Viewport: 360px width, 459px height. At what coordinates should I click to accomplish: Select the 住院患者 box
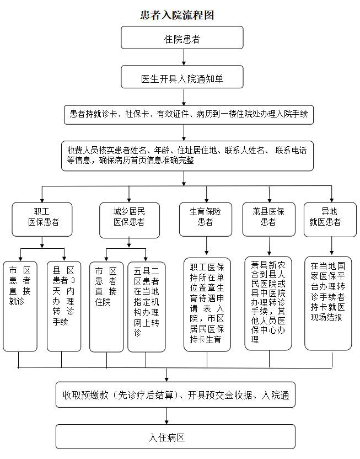tap(182, 39)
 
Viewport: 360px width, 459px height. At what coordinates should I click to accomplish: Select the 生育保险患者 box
tap(206, 216)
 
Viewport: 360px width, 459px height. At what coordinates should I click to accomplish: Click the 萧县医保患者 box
tap(268, 216)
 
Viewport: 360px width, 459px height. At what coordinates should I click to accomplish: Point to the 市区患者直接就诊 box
tap(20, 306)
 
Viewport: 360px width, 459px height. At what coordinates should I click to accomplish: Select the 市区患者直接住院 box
tap(106, 306)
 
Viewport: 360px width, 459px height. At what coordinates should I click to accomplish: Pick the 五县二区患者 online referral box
tap(146, 306)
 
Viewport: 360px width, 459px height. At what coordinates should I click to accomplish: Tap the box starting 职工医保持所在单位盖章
tap(207, 304)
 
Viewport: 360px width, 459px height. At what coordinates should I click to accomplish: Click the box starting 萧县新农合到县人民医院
tap(269, 302)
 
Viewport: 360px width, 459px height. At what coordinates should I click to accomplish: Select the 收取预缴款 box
tap(182, 394)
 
